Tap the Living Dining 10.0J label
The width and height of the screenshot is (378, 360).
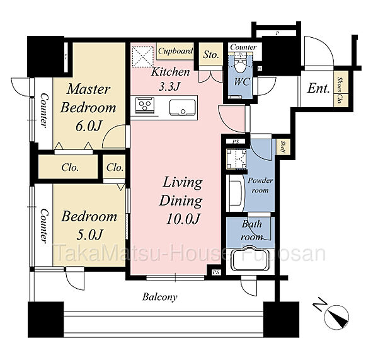(x=181, y=201)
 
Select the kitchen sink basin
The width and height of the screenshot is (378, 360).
(x=183, y=107)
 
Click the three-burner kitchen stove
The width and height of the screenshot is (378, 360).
(x=145, y=105)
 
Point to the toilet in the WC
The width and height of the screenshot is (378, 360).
(x=239, y=64)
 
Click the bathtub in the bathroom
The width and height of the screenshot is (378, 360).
(x=249, y=258)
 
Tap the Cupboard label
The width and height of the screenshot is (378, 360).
(x=176, y=50)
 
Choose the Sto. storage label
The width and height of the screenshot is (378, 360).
(x=210, y=55)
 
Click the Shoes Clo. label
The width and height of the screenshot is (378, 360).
(x=340, y=91)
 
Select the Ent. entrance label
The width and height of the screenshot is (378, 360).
(x=318, y=88)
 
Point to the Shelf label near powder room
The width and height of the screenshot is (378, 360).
(x=282, y=147)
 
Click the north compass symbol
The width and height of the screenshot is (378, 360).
(x=337, y=317)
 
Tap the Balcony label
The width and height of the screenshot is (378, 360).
(x=159, y=297)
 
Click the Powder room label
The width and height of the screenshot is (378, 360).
(x=260, y=185)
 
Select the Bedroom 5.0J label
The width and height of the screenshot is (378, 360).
(x=89, y=225)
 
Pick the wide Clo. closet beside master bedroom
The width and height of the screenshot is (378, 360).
(x=70, y=168)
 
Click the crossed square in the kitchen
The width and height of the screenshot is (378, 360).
(x=143, y=56)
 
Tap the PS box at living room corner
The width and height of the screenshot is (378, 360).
(x=216, y=272)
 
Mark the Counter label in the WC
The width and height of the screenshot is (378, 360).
(x=243, y=47)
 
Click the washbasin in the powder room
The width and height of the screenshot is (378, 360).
(x=236, y=193)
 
